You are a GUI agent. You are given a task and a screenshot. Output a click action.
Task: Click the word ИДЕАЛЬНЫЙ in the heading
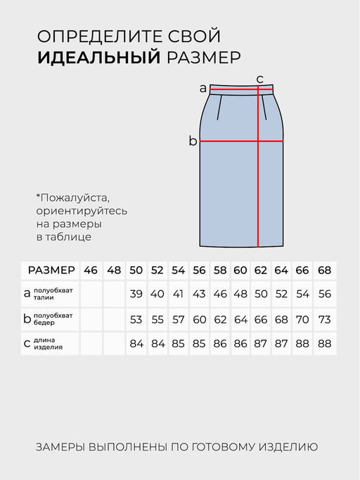[99, 57]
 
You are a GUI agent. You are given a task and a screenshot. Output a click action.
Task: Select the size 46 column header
[91, 271]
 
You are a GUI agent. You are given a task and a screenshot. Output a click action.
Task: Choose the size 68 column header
[324, 271]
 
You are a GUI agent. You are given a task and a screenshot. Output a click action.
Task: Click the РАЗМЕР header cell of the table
[51, 271]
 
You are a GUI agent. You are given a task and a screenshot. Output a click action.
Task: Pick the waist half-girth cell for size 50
[136, 294]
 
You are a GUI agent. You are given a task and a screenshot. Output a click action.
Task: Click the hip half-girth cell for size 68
[324, 319]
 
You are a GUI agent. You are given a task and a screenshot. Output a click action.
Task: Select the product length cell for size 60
[240, 344]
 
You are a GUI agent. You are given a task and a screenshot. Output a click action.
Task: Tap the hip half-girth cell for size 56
[199, 319]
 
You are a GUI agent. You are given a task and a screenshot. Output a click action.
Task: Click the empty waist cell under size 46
[91, 294]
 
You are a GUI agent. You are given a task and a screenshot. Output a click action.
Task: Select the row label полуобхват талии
[53, 294]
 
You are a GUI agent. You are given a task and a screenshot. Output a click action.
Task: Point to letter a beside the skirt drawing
[203, 89]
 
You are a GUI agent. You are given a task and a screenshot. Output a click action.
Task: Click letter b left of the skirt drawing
[193, 141]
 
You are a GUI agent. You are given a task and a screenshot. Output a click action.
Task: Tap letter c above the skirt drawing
[259, 79]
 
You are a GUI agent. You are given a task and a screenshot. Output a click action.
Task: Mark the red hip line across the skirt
[225, 141]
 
